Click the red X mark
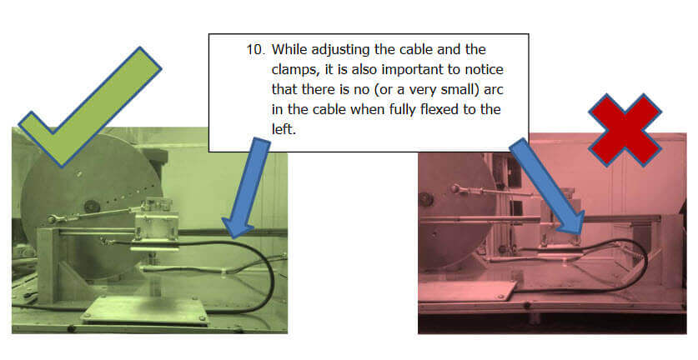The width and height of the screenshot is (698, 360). pos(625,130)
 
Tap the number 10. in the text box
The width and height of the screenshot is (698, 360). pos(255,49)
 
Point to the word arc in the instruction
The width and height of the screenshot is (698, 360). pos(493,89)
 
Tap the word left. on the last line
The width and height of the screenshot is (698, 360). pos(284,129)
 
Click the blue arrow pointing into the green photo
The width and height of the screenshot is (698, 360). pos(246,187)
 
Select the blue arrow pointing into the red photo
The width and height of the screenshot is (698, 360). pos(548,187)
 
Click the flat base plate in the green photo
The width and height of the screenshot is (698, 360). pos(144,310)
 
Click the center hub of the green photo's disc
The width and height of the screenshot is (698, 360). pos(91,206)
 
